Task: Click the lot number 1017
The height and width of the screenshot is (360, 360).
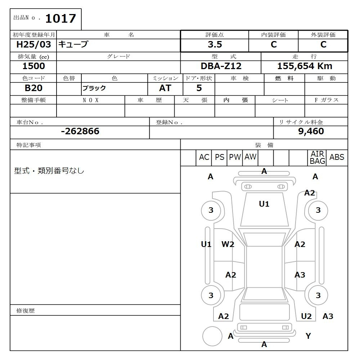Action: coord(60,18)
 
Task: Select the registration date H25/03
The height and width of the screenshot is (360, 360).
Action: coord(33,45)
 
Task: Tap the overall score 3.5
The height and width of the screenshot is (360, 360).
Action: coord(215,45)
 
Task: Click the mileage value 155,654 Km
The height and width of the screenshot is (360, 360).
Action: coord(305,66)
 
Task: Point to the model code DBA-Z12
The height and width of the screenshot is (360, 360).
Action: coord(221,66)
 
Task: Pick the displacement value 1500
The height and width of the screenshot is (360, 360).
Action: coord(33,66)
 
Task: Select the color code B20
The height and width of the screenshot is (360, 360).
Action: coord(33,88)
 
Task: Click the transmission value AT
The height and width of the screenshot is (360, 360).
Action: coord(165,88)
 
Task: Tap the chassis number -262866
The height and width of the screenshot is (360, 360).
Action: coord(80,131)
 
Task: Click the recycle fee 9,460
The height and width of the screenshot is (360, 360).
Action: coord(311,131)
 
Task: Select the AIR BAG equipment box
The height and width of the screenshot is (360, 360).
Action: coord(317,158)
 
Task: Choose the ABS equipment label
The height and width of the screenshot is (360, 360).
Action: coord(337,157)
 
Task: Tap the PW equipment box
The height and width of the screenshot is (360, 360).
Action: coord(235,157)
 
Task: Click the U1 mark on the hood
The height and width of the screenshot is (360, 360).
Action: coord(264,204)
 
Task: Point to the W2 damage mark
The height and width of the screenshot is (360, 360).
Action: coord(228,244)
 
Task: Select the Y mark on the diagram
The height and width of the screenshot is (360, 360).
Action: coord(308,336)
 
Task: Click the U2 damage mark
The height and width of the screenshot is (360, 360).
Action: coord(306,316)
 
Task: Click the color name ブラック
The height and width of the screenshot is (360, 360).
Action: coord(94,89)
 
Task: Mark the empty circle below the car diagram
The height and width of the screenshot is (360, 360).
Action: coord(212,336)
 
